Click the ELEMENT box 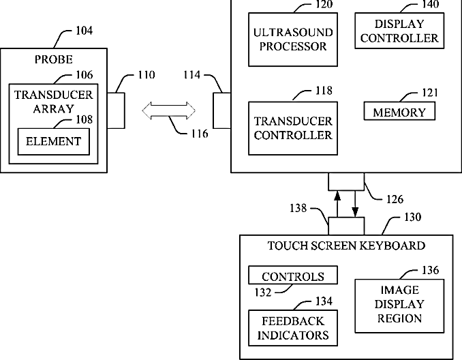tap(54, 142)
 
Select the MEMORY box tap(399, 111)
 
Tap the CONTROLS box tap(293, 275)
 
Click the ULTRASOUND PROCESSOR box tap(293, 40)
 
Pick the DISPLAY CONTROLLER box tap(399, 31)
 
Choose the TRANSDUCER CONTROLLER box tap(293, 128)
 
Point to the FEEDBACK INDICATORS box tap(293, 328)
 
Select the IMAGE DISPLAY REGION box tap(399, 306)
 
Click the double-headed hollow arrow tap(168, 110)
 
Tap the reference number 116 tap(200, 134)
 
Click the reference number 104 tap(84, 31)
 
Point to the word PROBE tap(54, 59)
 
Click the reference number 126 tap(395, 200)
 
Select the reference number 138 tap(298, 208)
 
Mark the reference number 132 tap(263, 292)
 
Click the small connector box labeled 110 tap(116, 110)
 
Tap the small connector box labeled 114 tap(222, 110)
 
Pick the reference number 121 tap(430, 93)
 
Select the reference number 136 tap(431, 270)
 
